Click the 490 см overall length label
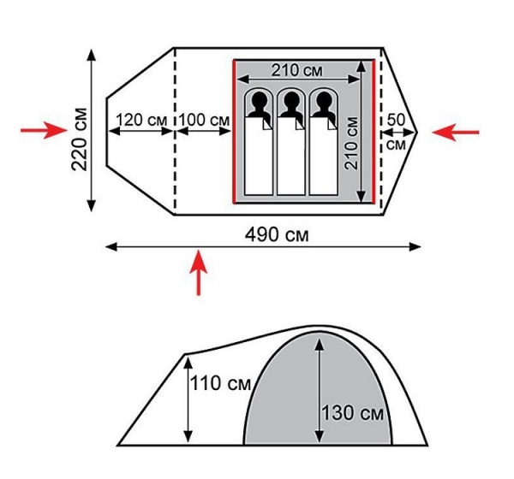[x=277, y=234]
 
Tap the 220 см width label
[x=80, y=139]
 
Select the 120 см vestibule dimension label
[x=141, y=120]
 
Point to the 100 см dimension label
[x=204, y=120]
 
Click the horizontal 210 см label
[x=297, y=70]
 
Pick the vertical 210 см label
[x=352, y=143]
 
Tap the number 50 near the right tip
[x=397, y=120]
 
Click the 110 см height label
[x=220, y=383]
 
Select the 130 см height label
[x=353, y=412]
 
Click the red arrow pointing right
[x=44, y=130]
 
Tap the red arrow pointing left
[x=456, y=133]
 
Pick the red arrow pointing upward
[x=199, y=273]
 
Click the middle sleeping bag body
[x=291, y=156]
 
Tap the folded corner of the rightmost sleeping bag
[x=332, y=123]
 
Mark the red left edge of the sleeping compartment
[x=234, y=132]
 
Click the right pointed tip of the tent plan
[x=417, y=133]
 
